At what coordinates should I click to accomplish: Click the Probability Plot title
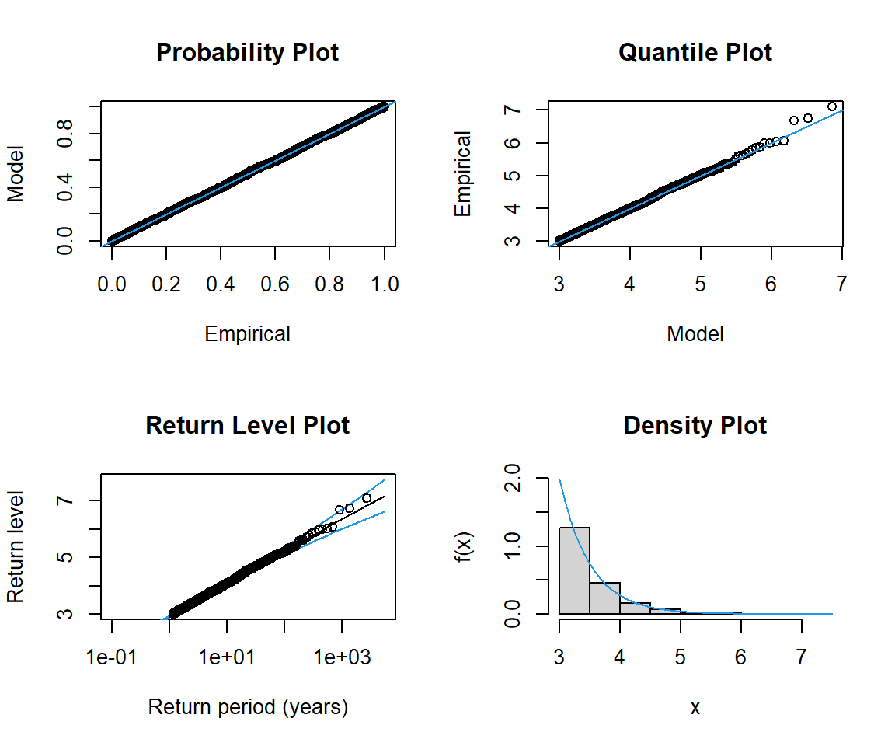[x=247, y=53]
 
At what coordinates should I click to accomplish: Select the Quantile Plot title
[x=695, y=53]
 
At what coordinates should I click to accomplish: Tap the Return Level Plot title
[x=247, y=426]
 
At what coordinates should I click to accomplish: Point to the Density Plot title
[x=695, y=426]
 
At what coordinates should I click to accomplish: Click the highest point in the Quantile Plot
[x=832, y=106]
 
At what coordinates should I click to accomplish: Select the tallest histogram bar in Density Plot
[x=574, y=570]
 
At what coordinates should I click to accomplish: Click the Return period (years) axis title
[x=247, y=707]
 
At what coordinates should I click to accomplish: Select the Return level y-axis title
[x=16, y=546]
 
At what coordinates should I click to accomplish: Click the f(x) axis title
[x=463, y=546]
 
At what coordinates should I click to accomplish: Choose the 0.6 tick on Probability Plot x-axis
[x=275, y=284]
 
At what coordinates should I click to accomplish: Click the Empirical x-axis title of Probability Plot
[x=247, y=334]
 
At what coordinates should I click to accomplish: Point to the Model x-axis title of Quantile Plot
[x=695, y=334]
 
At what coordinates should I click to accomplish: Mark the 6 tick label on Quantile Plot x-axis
[x=771, y=284]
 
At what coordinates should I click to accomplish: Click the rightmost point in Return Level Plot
[x=367, y=498]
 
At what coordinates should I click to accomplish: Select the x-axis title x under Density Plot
[x=695, y=707]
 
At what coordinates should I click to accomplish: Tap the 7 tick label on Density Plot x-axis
[x=802, y=657]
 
